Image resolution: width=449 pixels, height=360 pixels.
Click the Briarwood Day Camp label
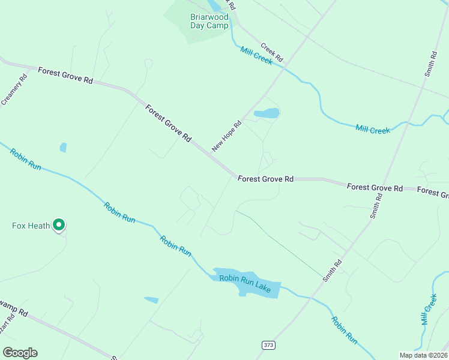209,21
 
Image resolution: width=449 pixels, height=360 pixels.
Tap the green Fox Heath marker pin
59,225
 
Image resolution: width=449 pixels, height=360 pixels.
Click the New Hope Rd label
226,136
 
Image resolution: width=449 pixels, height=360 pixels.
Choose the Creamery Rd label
14,89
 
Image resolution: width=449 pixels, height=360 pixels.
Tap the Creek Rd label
272,52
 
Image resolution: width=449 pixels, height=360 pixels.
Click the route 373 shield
268,344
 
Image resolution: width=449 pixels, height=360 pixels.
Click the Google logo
20,353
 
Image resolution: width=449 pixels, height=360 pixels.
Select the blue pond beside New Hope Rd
267,113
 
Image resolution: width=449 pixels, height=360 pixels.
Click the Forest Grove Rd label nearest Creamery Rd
65,76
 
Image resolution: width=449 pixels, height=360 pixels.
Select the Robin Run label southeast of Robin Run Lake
345,331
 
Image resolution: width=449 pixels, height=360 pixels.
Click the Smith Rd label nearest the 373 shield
332,271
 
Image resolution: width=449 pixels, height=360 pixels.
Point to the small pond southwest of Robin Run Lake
151,299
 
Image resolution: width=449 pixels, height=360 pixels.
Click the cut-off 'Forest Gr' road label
433,193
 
